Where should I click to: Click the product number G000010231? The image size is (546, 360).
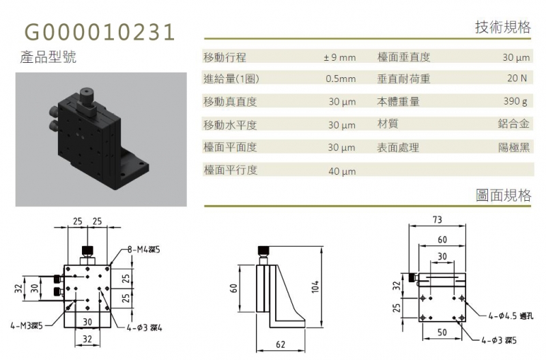[x=100, y=32]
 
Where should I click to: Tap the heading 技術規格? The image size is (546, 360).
[x=503, y=27]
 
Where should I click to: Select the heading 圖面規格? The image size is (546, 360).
[x=504, y=195]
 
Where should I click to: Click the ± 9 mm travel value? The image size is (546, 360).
[x=339, y=57]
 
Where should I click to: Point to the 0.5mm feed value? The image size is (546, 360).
[x=341, y=79]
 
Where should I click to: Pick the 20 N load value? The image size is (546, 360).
[x=517, y=78]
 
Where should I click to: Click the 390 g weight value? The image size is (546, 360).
[x=515, y=101]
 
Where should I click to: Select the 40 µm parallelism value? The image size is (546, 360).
[x=342, y=171]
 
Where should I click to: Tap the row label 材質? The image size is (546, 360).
[x=388, y=124]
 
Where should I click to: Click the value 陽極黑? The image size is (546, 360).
[x=514, y=148]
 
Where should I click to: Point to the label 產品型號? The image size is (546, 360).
[x=48, y=57]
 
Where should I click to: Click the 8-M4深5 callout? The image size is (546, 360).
[x=143, y=249]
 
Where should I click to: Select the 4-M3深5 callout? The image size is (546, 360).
[x=27, y=327]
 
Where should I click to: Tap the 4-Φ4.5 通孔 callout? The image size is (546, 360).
[x=511, y=316]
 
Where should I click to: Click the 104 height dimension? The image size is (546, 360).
[x=315, y=286]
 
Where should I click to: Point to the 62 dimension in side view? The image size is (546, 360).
[x=281, y=344]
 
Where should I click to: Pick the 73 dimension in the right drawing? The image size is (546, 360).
[x=437, y=219]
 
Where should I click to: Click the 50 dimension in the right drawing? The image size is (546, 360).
[x=442, y=332]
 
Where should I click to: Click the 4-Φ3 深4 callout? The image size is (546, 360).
[x=144, y=327]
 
